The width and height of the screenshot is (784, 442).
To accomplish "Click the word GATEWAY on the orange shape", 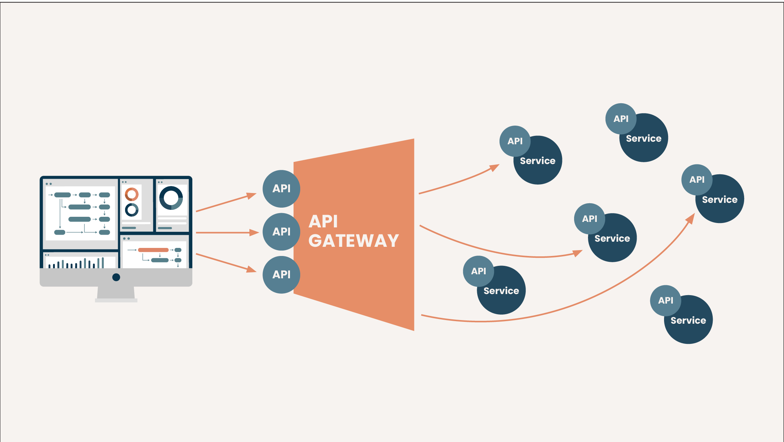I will pos(353,241).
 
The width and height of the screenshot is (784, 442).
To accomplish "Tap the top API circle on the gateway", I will pos(281,189).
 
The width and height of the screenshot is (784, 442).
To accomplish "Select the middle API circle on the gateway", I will pos(281,231).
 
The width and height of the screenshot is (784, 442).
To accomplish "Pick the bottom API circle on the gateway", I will pos(281,274).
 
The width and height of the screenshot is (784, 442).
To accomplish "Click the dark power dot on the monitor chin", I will pos(116,277).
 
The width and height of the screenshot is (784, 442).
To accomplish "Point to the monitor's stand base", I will pos(116,300).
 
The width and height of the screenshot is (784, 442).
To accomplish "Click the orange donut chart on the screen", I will pos(132,194).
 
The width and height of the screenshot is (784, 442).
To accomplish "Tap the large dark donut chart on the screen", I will pos(171,198).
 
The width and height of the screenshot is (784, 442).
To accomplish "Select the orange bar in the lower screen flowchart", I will pos(153,250).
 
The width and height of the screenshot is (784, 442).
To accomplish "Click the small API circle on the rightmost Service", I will pos(697,179).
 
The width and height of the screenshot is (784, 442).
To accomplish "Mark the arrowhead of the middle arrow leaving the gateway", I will pos(578,253).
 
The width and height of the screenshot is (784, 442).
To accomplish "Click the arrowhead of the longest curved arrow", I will pos(691,218).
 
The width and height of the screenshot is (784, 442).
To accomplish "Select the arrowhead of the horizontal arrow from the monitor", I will pos(255,233).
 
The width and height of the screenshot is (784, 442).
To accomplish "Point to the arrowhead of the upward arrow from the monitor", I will pos(252,195).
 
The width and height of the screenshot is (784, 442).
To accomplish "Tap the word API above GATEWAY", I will pos(323,221).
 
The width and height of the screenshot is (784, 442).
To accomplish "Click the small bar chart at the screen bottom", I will pos(76,263).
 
